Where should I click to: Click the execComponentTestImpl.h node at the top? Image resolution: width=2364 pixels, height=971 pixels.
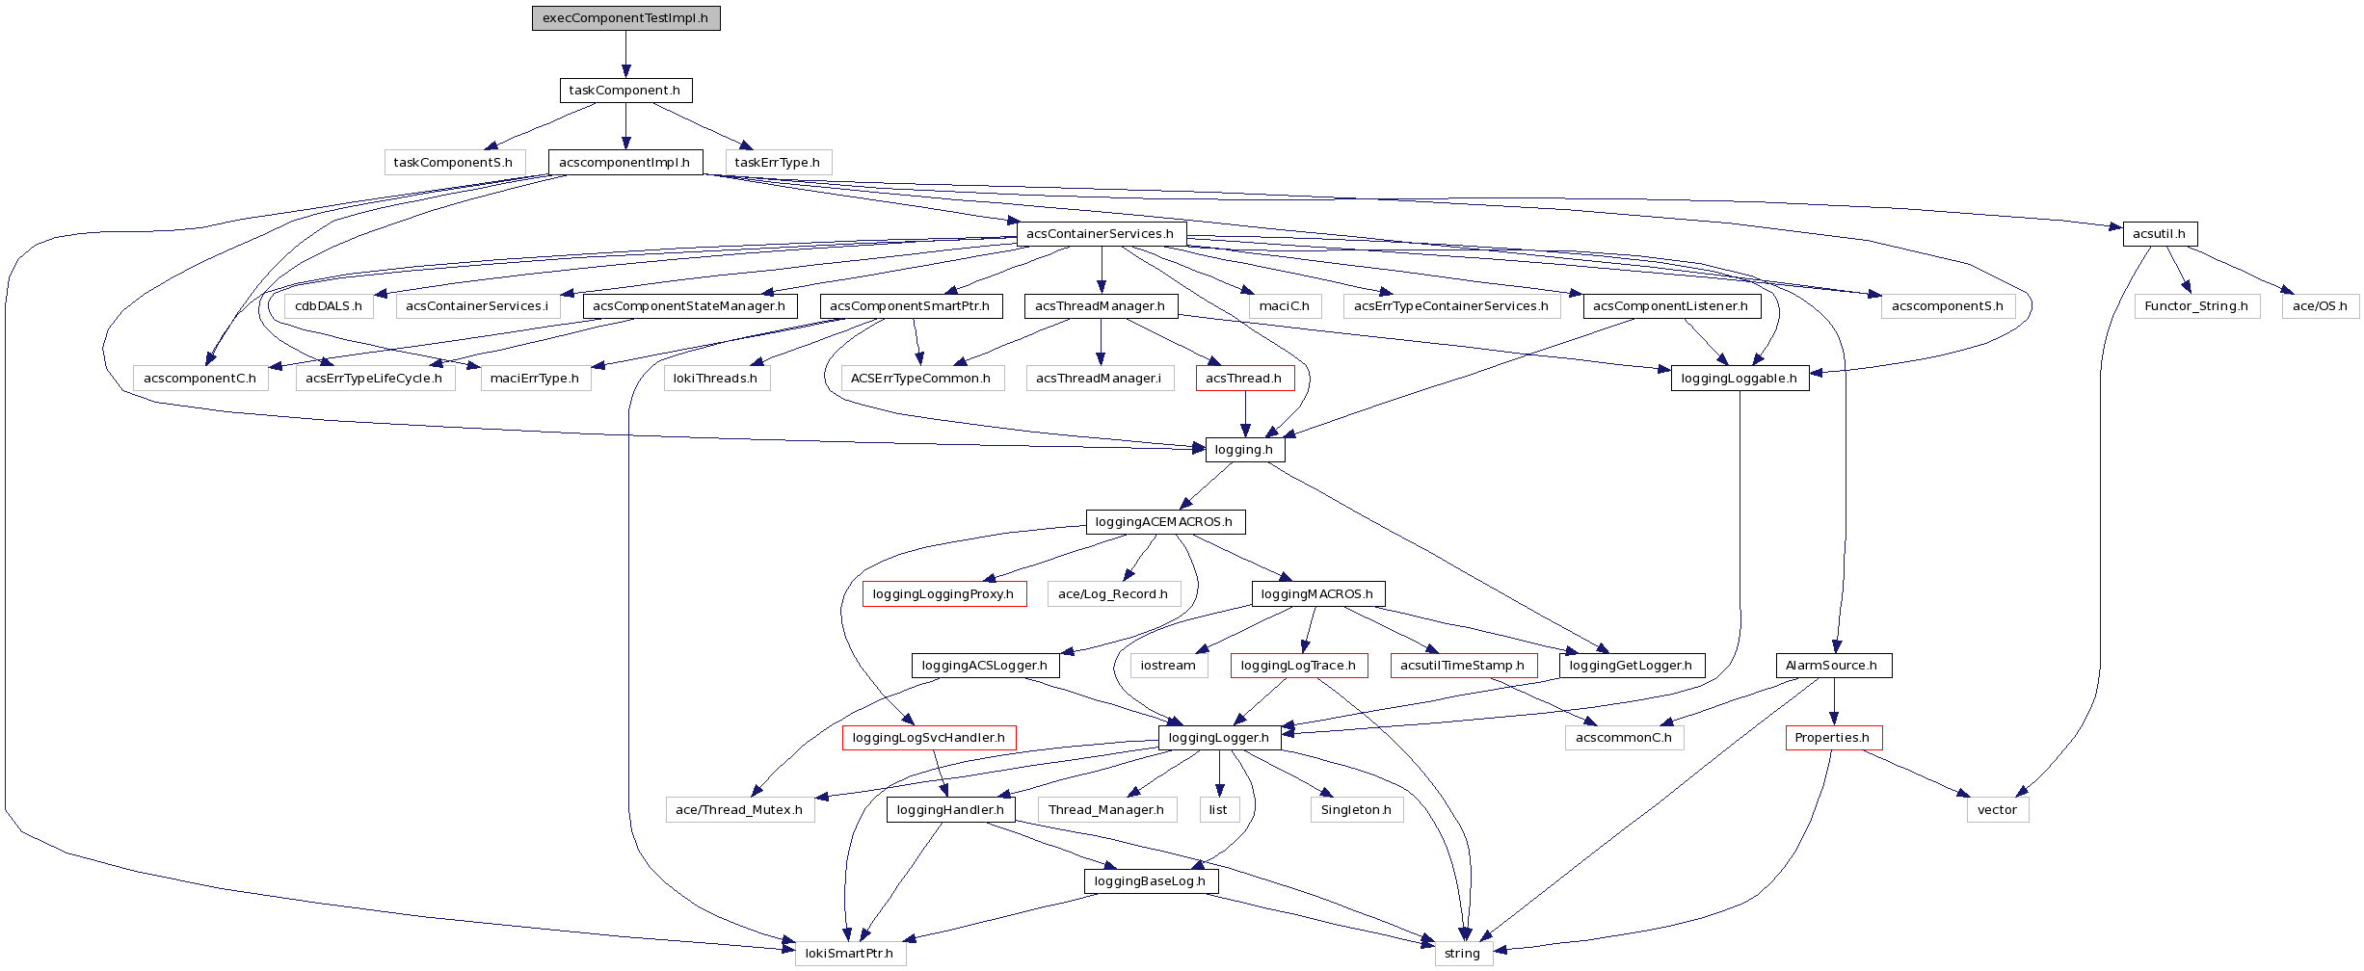click(625, 18)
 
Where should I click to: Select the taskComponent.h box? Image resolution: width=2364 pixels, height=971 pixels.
click(625, 91)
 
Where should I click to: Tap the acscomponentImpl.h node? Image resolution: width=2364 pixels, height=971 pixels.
click(625, 163)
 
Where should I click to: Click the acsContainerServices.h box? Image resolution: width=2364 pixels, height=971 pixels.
click(1101, 234)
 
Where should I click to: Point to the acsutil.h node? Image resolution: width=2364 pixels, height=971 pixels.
click(2159, 234)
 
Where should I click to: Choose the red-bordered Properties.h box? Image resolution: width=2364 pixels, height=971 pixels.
click(1832, 738)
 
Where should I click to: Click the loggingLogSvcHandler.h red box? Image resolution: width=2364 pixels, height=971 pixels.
click(929, 738)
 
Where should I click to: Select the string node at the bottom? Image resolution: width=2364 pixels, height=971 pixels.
click(1462, 954)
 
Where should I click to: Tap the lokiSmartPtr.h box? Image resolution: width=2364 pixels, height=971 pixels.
click(849, 954)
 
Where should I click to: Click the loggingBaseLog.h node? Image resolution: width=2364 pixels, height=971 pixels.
click(1151, 881)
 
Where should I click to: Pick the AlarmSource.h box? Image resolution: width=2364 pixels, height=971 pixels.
click(1832, 666)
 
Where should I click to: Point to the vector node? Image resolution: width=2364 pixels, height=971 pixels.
click(1997, 810)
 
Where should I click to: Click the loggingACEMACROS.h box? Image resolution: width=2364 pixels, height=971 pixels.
click(1164, 522)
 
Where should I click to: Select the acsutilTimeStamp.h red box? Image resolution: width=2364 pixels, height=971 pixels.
click(1463, 666)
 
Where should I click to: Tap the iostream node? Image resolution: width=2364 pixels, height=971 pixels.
click(1168, 666)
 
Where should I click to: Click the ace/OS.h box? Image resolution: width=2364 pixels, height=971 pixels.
click(2321, 306)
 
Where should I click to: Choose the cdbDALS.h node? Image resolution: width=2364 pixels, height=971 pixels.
click(329, 306)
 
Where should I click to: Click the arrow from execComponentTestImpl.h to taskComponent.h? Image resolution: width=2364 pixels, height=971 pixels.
click(625, 54)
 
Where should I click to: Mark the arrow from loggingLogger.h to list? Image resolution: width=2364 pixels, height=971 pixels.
click(1219, 774)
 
